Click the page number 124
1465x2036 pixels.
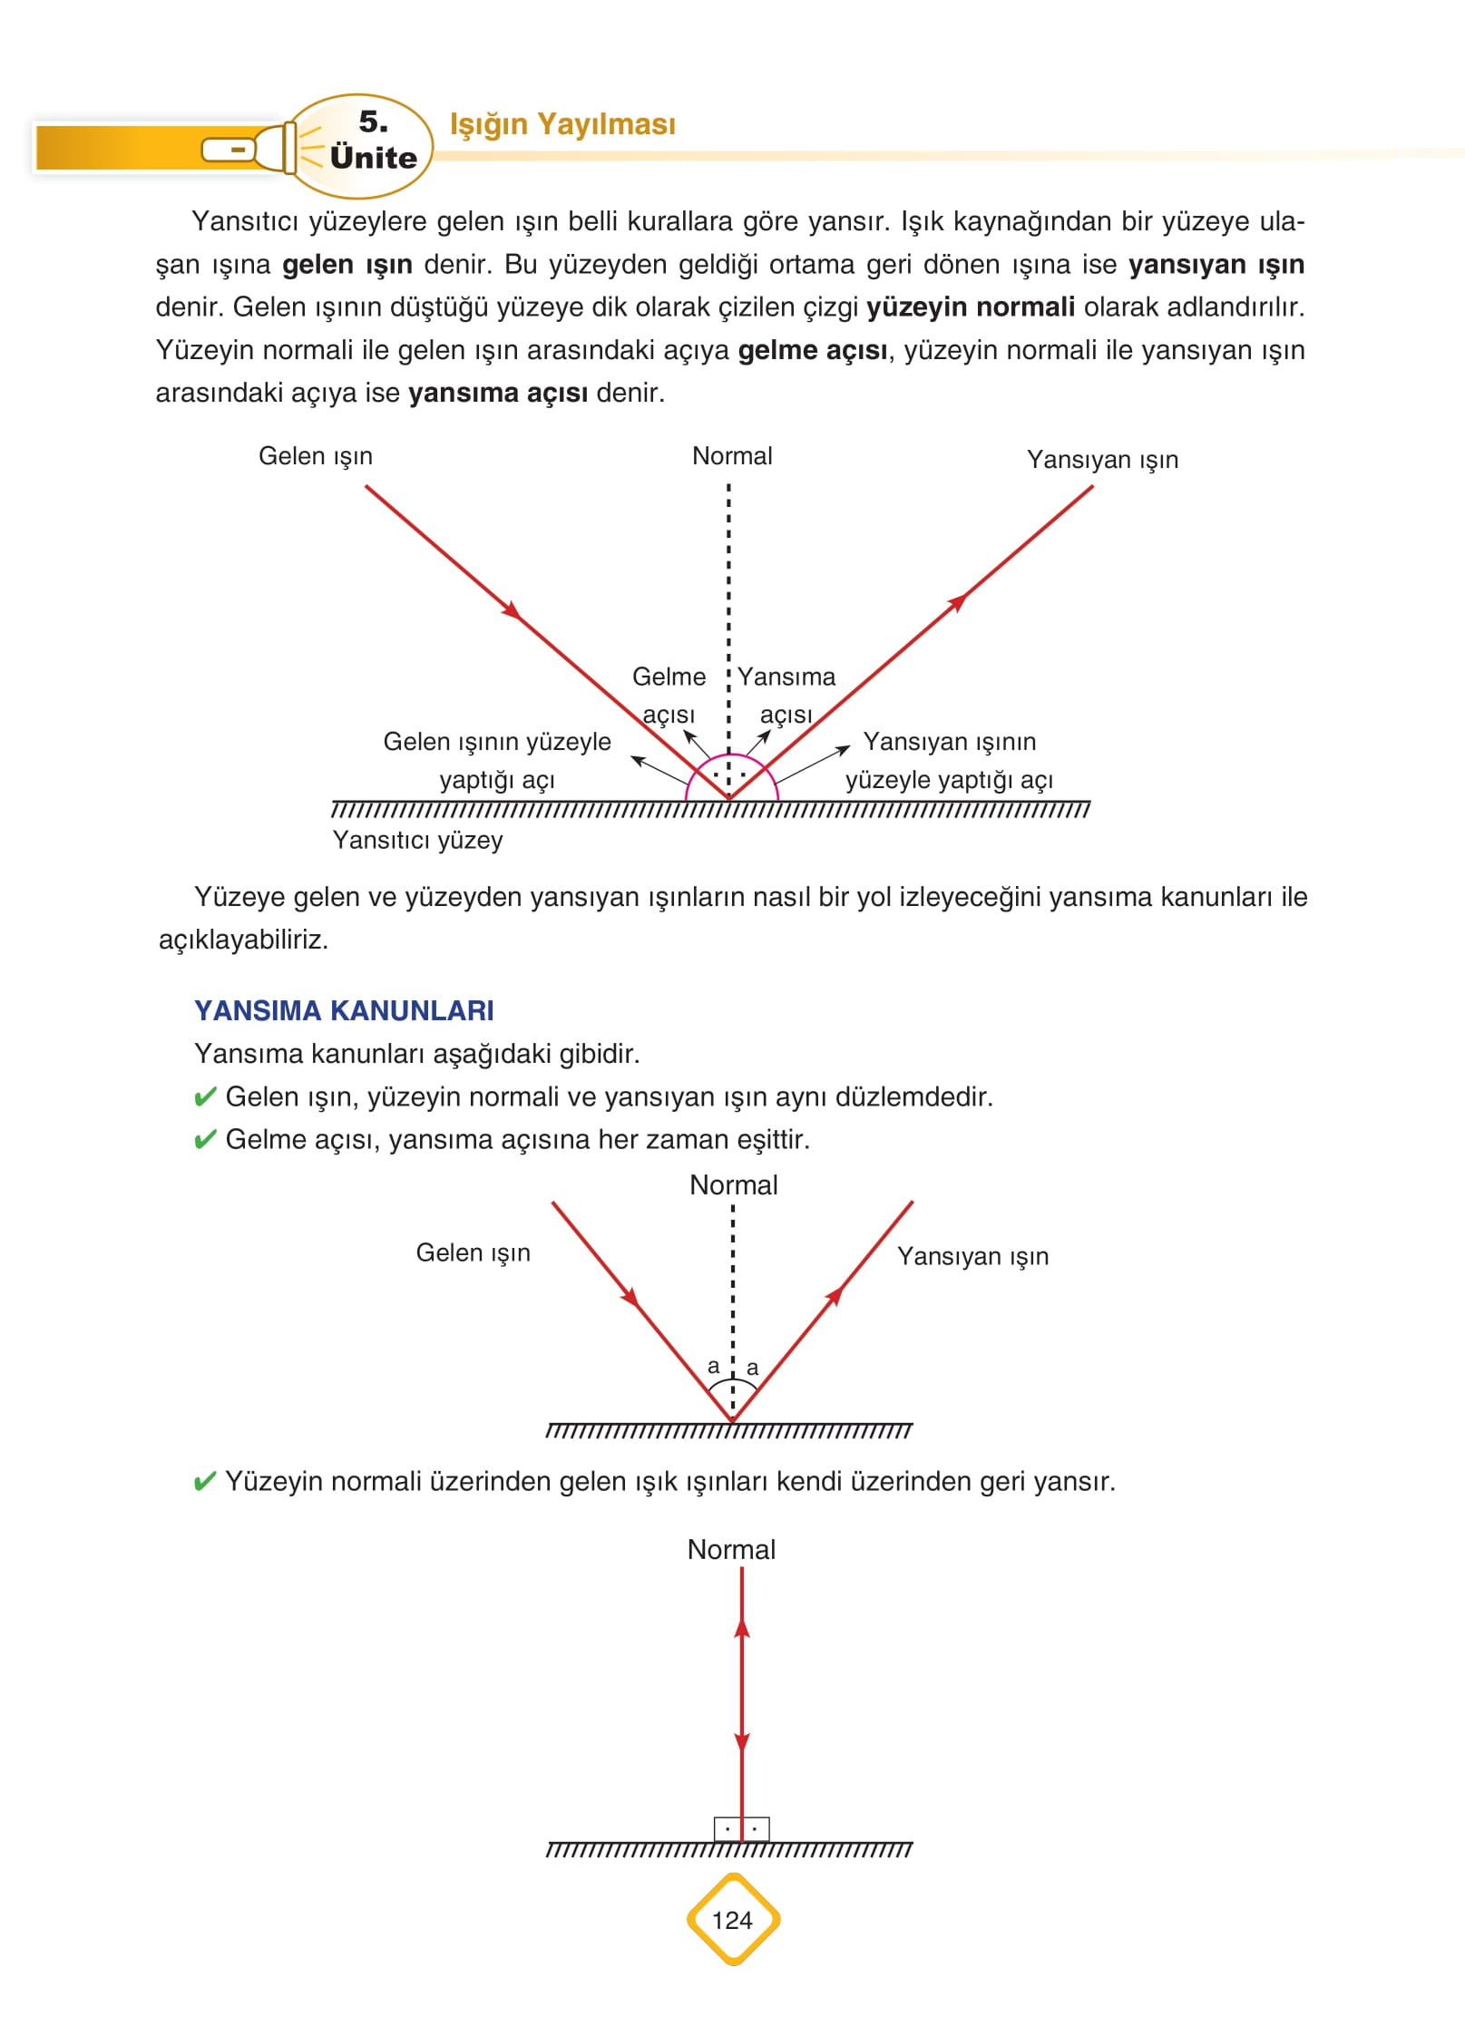pyautogui.click(x=732, y=1920)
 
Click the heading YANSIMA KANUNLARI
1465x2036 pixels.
pyautogui.click(x=344, y=1010)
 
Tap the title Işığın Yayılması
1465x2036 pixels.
pyautogui.click(x=562, y=124)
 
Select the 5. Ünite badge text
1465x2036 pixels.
pyautogui.click(x=373, y=141)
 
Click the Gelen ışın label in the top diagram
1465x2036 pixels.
pyautogui.click(x=316, y=456)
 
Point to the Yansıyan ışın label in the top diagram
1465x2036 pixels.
pyautogui.click(x=1102, y=460)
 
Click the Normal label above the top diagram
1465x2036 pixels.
pyautogui.click(x=732, y=456)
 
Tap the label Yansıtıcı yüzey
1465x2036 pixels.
pyautogui.click(x=417, y=840)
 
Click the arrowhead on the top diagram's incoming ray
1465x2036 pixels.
pyautogui.click(x=513, y=609)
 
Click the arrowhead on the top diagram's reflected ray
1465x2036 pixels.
pyautogui.click(x=957, y=602)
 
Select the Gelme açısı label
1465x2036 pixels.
pyautogui.click(x=669, y=696)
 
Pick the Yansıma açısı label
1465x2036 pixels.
pyautogui.click(x=786, y=696)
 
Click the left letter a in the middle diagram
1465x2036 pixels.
pyautogui.click(x=713, y=1367)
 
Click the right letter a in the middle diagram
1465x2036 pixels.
pyautogui.click(x=752, y=1369)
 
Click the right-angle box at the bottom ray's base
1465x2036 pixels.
pyautogui.click(x=741, y=1829)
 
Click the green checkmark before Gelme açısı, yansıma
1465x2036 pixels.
pyautogui.click(x=205, y=1140)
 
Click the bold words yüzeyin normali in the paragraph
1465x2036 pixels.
pyautogui.click(x=971, y=307)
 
